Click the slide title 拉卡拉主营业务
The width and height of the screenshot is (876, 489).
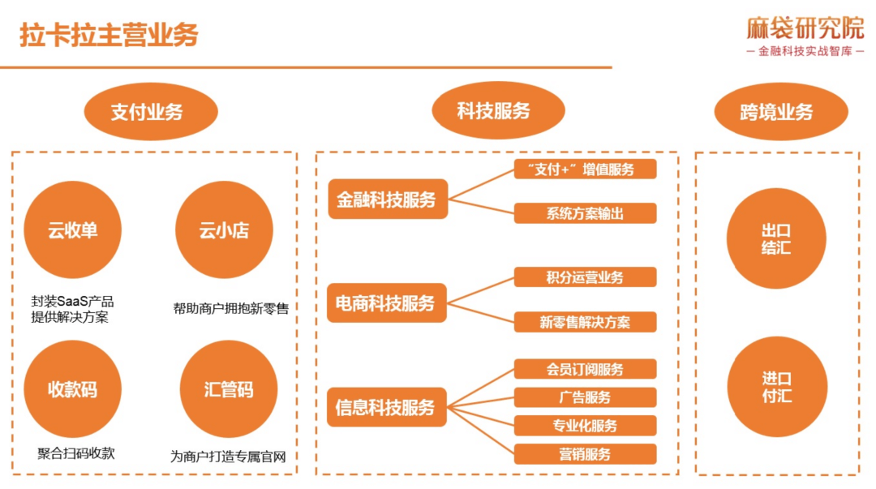point(109,35)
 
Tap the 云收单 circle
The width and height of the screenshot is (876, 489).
point(72,230)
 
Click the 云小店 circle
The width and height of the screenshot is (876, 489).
point(224,230)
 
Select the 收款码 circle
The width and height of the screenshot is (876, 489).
point(72,389)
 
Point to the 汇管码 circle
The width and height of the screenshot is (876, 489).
point(228,389)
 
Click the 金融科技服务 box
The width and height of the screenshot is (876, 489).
point(387,199)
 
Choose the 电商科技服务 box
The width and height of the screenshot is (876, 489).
point(387,303)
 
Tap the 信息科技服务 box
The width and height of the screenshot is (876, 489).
point(387,407)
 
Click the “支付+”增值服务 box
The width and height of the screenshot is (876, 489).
point(585,169)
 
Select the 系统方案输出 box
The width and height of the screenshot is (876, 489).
point(585,213)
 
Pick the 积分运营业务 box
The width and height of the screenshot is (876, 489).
point(585,277)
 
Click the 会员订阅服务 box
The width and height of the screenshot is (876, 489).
point(585,370)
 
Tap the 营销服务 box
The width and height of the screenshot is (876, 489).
point(585,454)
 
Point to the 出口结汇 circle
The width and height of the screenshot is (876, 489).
point(776,239)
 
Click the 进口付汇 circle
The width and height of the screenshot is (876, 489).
point(776,387)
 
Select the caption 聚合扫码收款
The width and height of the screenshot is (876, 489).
point(76,453)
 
